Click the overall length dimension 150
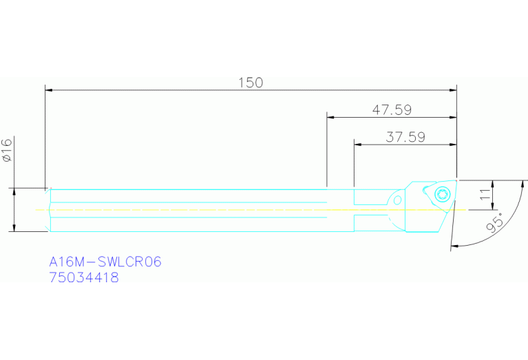(251, 83)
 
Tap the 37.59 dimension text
(405, 136)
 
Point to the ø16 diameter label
(8, 149)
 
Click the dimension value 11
(485, 195)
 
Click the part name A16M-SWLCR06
(105, 262)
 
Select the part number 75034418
(83, 278)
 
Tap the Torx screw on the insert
(443, 193)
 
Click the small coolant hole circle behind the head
(397, 200)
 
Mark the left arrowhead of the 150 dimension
(49, 89)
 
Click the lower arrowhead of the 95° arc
(454, 246)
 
